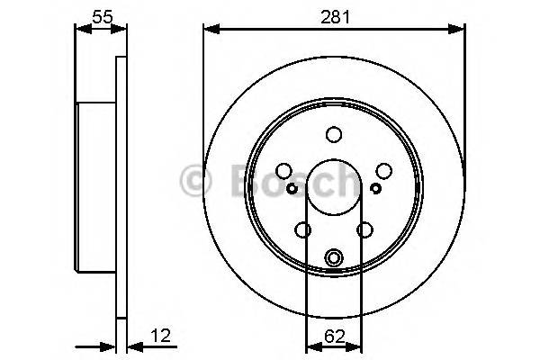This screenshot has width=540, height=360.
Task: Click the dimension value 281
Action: (x=334, y=14)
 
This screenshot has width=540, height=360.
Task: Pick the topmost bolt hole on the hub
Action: (x=334, y=135)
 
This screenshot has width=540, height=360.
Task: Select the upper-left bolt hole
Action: (x=284, y=171)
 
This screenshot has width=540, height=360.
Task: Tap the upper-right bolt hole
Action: (x=384, y=171)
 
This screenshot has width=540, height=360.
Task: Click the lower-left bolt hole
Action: (x=304, y=230)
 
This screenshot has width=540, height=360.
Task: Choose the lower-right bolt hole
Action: (x=364, y=230)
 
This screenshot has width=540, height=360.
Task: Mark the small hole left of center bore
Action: (x=292, y=188)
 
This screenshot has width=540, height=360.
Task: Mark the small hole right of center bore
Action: (x=376, y=188)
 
